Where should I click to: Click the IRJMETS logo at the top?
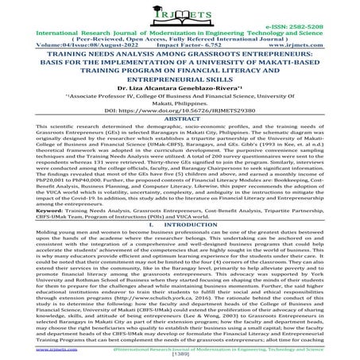[180, 14]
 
